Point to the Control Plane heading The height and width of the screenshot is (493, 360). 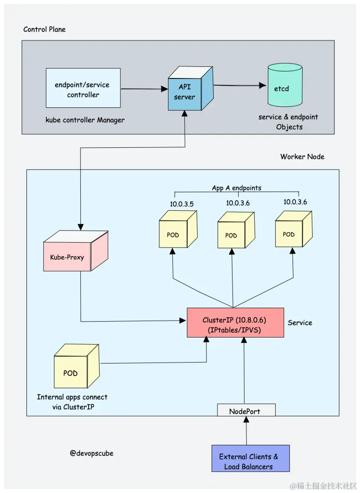(44, 29)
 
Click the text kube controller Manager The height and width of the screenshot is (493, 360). (85, 120)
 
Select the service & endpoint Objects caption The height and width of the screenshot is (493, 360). (288, 122)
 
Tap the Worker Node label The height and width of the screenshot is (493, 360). (302, 156)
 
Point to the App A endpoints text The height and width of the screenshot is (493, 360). (236, 188)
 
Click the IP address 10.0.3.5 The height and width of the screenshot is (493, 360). (181, 204)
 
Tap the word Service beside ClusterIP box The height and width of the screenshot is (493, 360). (300, 323)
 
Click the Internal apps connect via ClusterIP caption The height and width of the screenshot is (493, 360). (72, 402)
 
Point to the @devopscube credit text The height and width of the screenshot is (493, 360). (91, 453)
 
